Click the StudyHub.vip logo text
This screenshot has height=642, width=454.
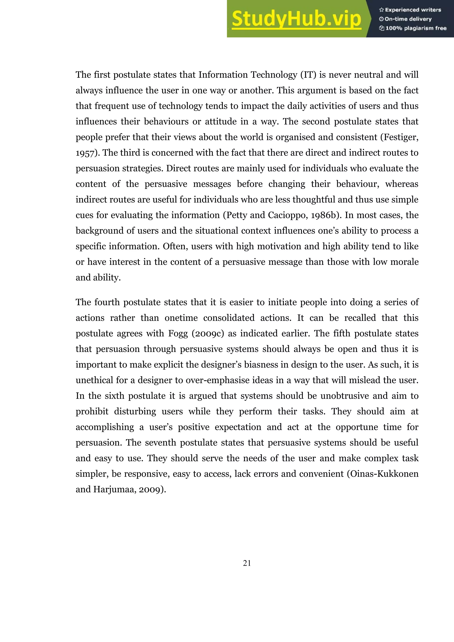click(x=296, y=19)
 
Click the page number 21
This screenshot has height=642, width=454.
click(x=247, y=563)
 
